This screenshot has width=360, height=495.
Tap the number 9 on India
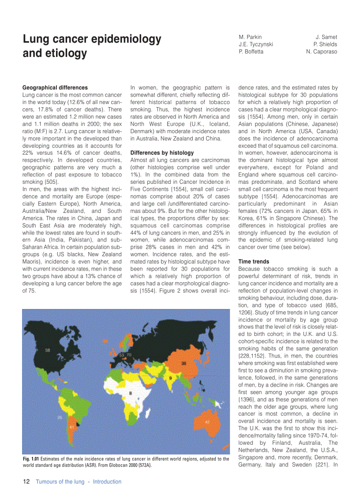tap(170, 378)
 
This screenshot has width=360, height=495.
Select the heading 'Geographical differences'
tap(55, 88)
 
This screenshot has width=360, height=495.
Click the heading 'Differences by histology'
tap(162, 153)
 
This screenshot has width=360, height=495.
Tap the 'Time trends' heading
tap(253, 261)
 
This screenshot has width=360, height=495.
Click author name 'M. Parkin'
tap(250, 37)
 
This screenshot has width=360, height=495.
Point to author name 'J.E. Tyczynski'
tap(255, 44)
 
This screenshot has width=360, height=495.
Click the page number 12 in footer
tap(26, 482)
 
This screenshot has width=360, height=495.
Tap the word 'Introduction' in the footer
tap(107, 482)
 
